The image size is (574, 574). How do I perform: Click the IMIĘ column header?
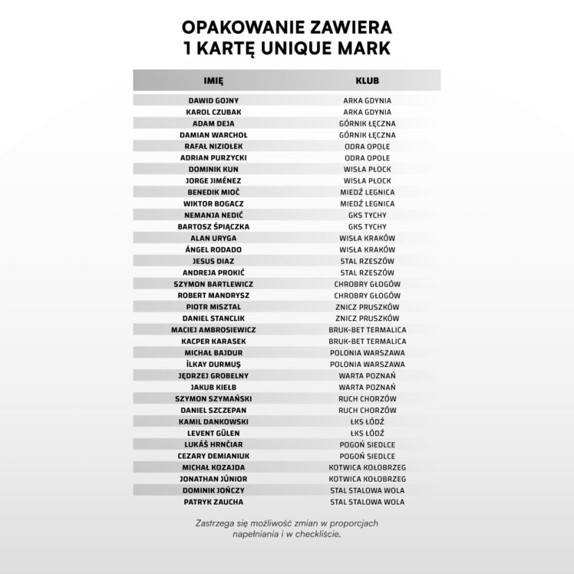213,81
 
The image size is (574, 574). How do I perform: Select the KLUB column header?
367,81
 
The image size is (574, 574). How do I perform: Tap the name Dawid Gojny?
213,101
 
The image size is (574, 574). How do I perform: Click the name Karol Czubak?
213,112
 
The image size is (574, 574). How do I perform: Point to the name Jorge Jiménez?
213,181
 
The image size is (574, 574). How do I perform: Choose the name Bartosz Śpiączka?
213,227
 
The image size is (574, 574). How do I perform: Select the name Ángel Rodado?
213,249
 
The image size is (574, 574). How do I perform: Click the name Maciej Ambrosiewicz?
213,330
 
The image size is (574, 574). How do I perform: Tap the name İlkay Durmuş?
213,364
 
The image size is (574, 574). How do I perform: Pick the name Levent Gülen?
213,433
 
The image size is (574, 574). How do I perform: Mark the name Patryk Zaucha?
213,502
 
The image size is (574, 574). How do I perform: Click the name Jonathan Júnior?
213,479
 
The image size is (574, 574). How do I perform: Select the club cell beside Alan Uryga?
367,238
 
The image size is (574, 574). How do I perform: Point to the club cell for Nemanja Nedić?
367,215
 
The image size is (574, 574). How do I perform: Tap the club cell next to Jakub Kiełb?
367,387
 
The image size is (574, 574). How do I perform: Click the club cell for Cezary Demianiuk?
367,456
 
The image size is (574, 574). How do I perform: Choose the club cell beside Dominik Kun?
367,170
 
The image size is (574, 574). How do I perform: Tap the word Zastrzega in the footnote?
213,523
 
